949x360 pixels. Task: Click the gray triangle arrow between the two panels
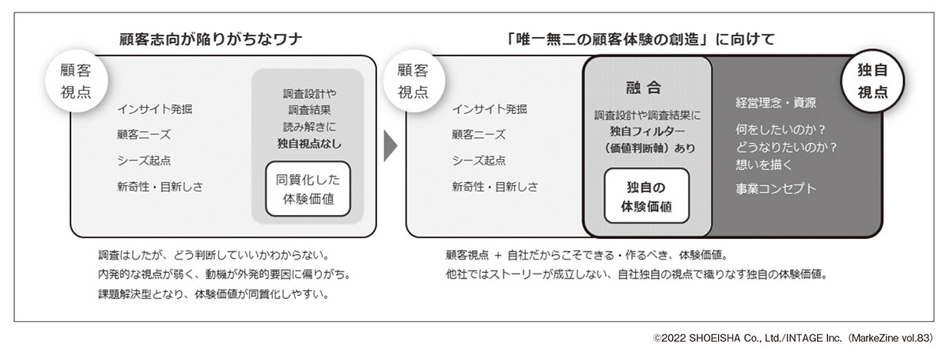pos(389,146)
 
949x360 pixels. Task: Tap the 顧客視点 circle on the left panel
pos(75,81)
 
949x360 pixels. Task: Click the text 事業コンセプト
pos(775,189)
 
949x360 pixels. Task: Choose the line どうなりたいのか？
pos(786,146)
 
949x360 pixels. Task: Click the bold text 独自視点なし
pos(308,143)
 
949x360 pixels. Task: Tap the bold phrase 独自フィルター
pos(647,131)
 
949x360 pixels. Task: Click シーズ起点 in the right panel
pos(478,161)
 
